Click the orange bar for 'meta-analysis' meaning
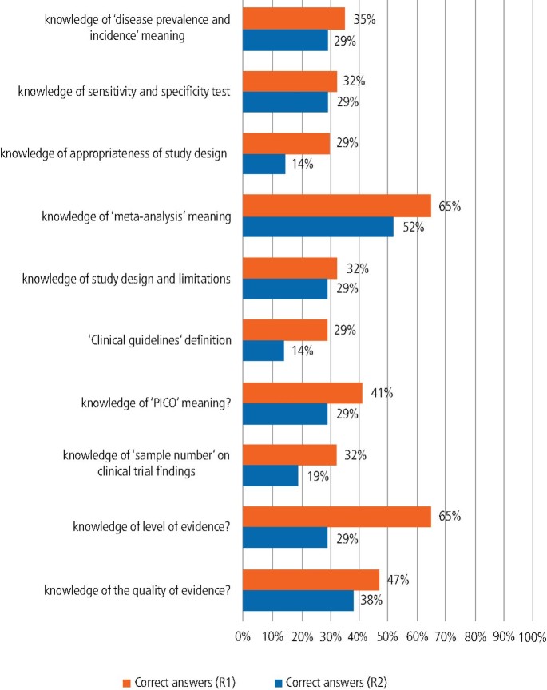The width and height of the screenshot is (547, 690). point(336,206)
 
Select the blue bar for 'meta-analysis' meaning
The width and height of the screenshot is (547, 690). point(318,227)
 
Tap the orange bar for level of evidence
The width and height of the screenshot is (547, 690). point(336,517)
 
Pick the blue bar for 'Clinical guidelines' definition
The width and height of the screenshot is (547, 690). point(263,351)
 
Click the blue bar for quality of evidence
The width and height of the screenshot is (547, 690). point(298,601)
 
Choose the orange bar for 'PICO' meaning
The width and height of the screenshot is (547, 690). point(302,393)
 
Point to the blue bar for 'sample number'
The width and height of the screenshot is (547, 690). point(270,476)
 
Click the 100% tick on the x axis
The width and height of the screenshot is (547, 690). point(531,637)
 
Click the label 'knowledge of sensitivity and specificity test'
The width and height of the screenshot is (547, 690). point(125,92)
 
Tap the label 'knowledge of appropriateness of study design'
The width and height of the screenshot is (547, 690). point(114,153)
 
